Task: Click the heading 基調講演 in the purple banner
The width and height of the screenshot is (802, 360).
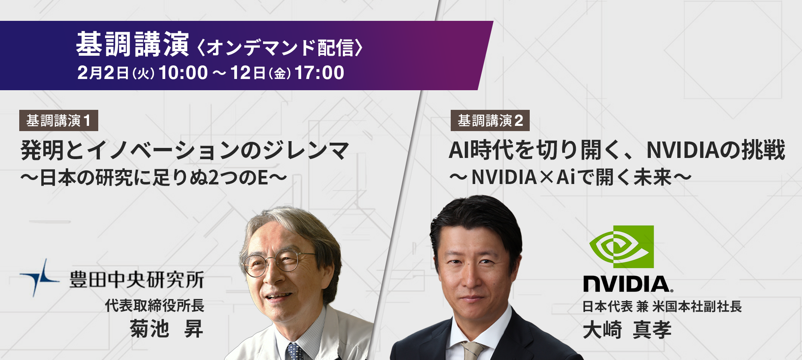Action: [x=132, y=44]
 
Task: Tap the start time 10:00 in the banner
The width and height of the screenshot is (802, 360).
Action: [x=183, y=73]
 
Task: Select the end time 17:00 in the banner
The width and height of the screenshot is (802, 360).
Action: [x=319, y=73]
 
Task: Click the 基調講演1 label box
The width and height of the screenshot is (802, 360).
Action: [x=59, y=120]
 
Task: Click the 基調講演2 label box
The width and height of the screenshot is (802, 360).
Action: [x=490, y=120]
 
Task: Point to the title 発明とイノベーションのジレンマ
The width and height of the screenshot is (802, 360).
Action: [x=185, y=150]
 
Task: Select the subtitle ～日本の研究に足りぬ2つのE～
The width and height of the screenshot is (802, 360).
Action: [x=154, y=178]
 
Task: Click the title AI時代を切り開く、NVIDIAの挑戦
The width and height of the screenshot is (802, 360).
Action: [x=617, y=150]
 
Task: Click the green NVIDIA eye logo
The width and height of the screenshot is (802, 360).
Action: [x=622, y=247]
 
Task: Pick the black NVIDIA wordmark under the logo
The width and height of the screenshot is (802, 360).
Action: [x=628, y=284]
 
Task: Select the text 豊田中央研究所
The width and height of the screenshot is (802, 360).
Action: [x=137, y=279]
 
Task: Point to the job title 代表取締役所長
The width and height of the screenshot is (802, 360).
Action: [x=155, y=305]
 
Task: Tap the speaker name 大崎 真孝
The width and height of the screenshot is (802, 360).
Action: [x=627, y=330]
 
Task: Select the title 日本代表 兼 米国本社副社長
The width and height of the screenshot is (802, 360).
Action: [x=662, y=307]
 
